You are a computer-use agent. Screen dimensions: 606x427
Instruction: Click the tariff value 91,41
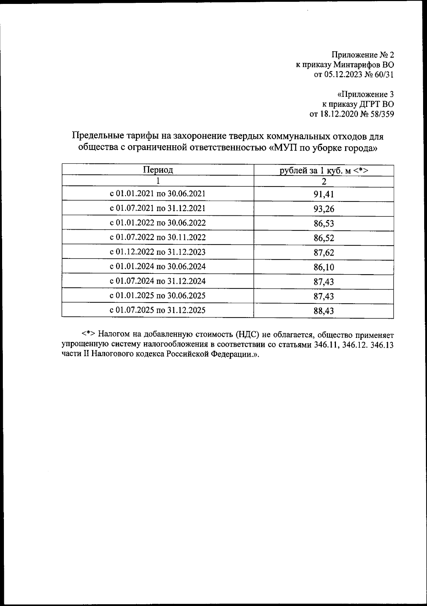tap(323, 194)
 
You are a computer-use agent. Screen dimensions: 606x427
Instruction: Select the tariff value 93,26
tap(323, 209)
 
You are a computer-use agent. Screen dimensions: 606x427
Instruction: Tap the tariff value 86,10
tap(323, 267)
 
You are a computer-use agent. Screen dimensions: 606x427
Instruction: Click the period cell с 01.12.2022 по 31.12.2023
tap(158, 252)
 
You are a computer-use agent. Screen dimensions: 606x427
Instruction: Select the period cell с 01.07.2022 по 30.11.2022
tap(158, 237)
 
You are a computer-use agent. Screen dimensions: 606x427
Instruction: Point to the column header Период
tap(158, 170)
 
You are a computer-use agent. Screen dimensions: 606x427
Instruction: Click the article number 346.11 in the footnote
tap(326, 345)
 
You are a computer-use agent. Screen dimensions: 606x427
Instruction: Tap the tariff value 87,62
tap(323, 253)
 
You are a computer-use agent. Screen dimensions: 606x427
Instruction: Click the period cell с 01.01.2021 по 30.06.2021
tap(158, 194)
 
